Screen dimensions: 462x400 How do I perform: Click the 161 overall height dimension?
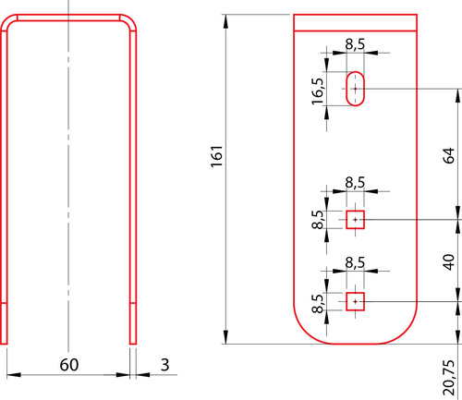pos(217,156)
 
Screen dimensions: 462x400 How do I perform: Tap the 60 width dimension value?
pos(69,365)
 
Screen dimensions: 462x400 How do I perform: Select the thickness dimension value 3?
pos(165,365)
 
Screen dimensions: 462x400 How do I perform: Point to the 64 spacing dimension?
pos(450,155)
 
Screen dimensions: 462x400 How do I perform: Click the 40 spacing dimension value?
pos(450,262)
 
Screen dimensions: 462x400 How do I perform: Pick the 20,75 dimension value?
pos(449,378)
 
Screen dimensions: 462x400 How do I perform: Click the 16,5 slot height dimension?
pos(318,91)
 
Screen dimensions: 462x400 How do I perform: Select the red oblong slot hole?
pos(356,89)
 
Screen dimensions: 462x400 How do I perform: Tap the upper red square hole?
pos(356,220)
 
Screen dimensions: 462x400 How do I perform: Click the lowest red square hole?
pos(356,301)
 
